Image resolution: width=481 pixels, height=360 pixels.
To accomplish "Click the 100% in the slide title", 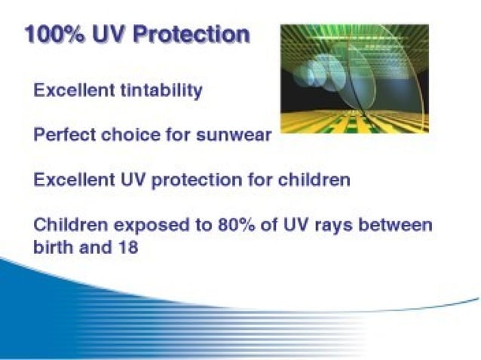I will point(54,35).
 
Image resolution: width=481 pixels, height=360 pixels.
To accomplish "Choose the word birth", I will point(54,246).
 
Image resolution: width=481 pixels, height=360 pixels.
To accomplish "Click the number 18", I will point(127,246).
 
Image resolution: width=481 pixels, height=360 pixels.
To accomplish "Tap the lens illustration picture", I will point(354,78).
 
